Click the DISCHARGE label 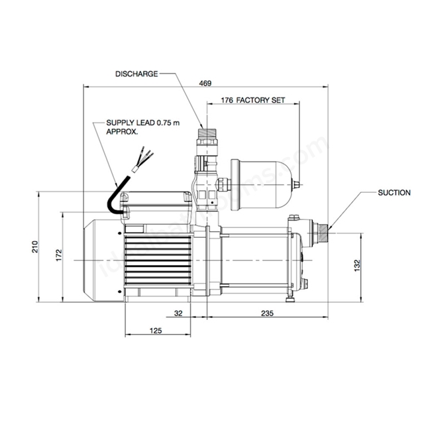point(136,74)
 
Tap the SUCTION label point(394,193)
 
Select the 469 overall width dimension point(205,83)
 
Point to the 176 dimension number point(227,100)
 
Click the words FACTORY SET point(260,100)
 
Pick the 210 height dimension point(35,246)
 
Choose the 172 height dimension point(59,255)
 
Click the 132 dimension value point(357,266)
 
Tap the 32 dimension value point(178,313)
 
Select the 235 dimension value point(267,313)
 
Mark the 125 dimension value point(156,331)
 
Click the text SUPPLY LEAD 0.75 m point(143,123)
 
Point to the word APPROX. point(122,132)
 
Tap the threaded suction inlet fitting point(323,233)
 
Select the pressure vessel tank point(262,185)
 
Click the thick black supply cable point(117,197)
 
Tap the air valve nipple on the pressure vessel point(297,185)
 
